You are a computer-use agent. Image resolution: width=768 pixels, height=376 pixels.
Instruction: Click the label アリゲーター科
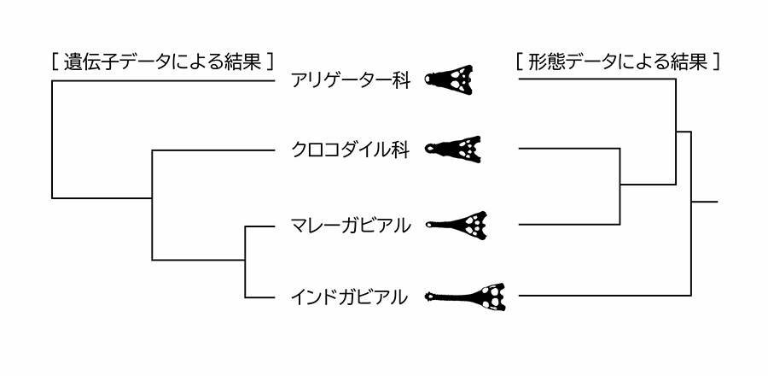350,82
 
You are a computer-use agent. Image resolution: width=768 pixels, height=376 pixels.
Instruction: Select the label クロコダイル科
350,151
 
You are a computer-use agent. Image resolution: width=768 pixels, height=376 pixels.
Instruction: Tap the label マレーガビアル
350,226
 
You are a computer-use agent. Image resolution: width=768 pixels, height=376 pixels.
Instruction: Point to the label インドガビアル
350,297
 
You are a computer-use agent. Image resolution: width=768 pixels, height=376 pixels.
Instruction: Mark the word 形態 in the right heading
555,62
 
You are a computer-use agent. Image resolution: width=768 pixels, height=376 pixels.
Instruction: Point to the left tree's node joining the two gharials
246,261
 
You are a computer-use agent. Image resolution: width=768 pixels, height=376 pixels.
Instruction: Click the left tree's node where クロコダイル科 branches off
152,198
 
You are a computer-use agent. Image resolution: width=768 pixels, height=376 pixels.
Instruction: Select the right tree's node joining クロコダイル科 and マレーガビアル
620,185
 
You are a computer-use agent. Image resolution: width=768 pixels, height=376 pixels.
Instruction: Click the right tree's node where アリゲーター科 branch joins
677,132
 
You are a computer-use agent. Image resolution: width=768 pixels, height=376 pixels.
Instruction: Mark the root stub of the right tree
705,203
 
